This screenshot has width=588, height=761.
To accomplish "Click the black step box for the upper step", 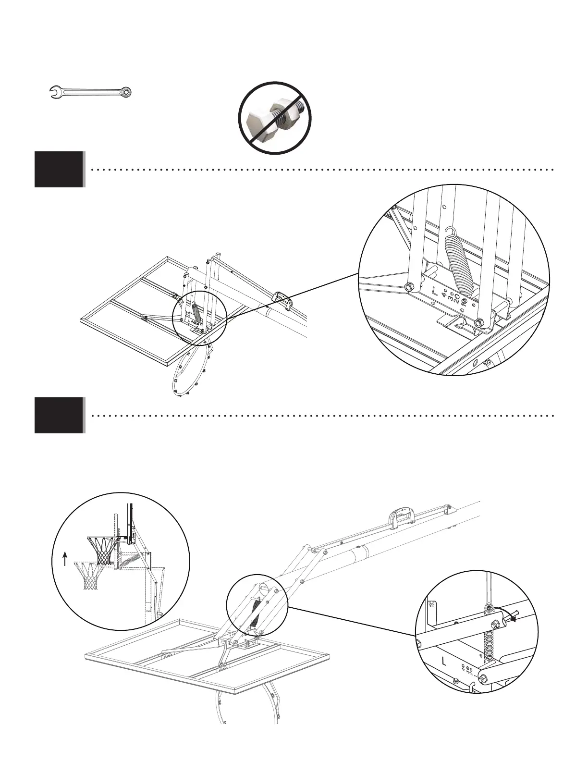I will (x=59, y=169).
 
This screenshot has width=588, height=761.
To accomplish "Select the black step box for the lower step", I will (x=59, y=415).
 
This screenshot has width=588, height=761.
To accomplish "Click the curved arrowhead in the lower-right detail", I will (x=513, y=620).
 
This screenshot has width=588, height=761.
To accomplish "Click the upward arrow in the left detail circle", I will (x=65, y=559).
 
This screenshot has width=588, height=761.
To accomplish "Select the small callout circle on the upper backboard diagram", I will (x=199, y=317).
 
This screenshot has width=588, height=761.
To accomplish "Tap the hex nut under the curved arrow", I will (x=493, y=623).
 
